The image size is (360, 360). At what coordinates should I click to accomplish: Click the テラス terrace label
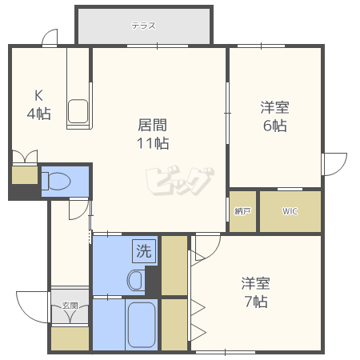coord(143,26)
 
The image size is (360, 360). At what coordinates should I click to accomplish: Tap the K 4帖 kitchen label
coord(38,105)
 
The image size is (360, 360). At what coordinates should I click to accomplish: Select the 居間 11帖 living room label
coord(153,134)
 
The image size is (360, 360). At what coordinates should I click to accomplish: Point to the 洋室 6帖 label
coord(274,116)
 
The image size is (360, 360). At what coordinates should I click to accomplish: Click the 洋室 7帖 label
coord(256,292)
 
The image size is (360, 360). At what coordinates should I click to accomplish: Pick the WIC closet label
coord(290,211)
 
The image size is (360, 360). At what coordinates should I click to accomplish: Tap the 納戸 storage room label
coord(242,211)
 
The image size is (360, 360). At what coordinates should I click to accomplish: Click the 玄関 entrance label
coord(70,306)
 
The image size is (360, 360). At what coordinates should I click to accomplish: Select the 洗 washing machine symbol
coord(144,251)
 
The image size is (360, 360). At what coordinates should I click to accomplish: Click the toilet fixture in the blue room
coord(56,181)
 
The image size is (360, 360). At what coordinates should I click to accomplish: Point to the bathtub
coord(142,325)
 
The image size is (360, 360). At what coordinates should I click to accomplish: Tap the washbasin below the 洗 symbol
coord(136,280)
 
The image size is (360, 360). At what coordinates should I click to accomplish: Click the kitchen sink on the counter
coord(78,111)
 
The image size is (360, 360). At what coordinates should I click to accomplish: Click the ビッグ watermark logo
coord(180,181)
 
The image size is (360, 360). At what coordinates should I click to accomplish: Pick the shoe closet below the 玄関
coord(70,338)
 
